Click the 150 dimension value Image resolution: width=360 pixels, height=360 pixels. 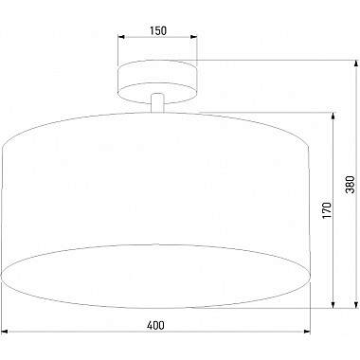click(158, 30)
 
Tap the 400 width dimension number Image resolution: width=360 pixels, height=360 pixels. click(156, 325)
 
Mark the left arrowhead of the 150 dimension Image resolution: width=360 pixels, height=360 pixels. click(121, 40)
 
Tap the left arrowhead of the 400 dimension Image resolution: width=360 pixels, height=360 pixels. click(6, 333)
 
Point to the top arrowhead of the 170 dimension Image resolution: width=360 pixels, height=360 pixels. click(334, 117)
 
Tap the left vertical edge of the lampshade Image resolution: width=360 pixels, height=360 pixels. click(3, 208)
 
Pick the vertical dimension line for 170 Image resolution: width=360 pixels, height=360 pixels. click(334, 256)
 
